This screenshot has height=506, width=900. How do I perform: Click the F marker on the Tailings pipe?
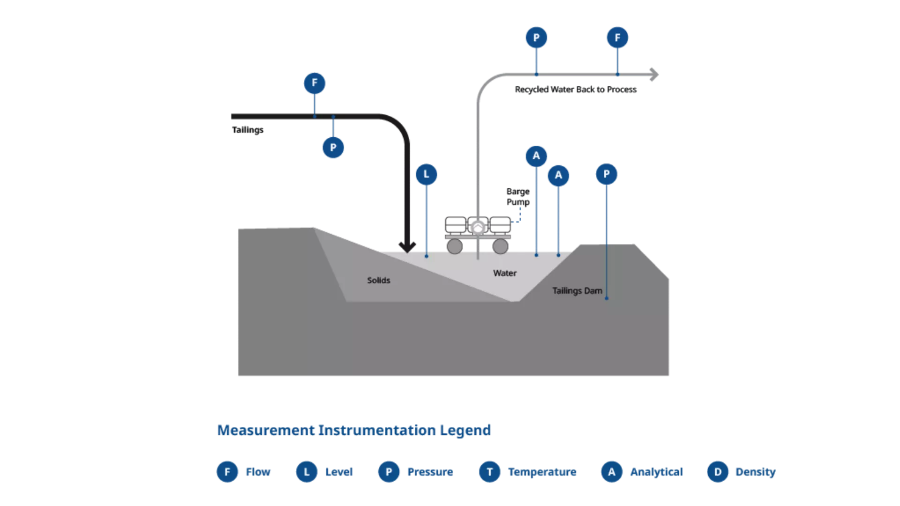(x=315, y=83)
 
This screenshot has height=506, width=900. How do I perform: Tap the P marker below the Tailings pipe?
(x=333, y=148)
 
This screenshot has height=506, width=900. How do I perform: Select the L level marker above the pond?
(x=427, y=174)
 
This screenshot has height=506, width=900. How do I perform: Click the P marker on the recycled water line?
(x=536, y=37)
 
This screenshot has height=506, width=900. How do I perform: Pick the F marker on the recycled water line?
(x=617, y=37)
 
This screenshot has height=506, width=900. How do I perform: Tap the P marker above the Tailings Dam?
(x=607, y=174)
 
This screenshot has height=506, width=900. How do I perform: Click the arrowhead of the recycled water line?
(x=654, y=74)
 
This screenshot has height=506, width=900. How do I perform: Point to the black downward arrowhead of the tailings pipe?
(x=407, y=246)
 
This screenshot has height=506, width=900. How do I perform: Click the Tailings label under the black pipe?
(x=247, y=130)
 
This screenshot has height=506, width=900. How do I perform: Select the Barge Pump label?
(x=518, y=197)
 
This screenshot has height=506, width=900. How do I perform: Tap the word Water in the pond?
(x=505, y=273)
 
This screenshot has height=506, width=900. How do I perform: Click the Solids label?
(x=379, y=280)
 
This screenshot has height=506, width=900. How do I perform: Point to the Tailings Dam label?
(x=577, y=291)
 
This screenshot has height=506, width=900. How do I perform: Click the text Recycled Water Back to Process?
(x=576, y=89)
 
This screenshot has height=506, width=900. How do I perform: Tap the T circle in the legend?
(x=489, y=472)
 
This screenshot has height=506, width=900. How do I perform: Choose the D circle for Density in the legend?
(x=718, y=472)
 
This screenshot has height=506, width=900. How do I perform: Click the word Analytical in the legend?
(x=656, y=472)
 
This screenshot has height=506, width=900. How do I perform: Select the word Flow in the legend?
(x=258, y=472)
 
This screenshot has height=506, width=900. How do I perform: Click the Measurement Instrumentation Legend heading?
(x=354, y=430)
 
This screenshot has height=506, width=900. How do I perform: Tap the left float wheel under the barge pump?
(x=454, y=246)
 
